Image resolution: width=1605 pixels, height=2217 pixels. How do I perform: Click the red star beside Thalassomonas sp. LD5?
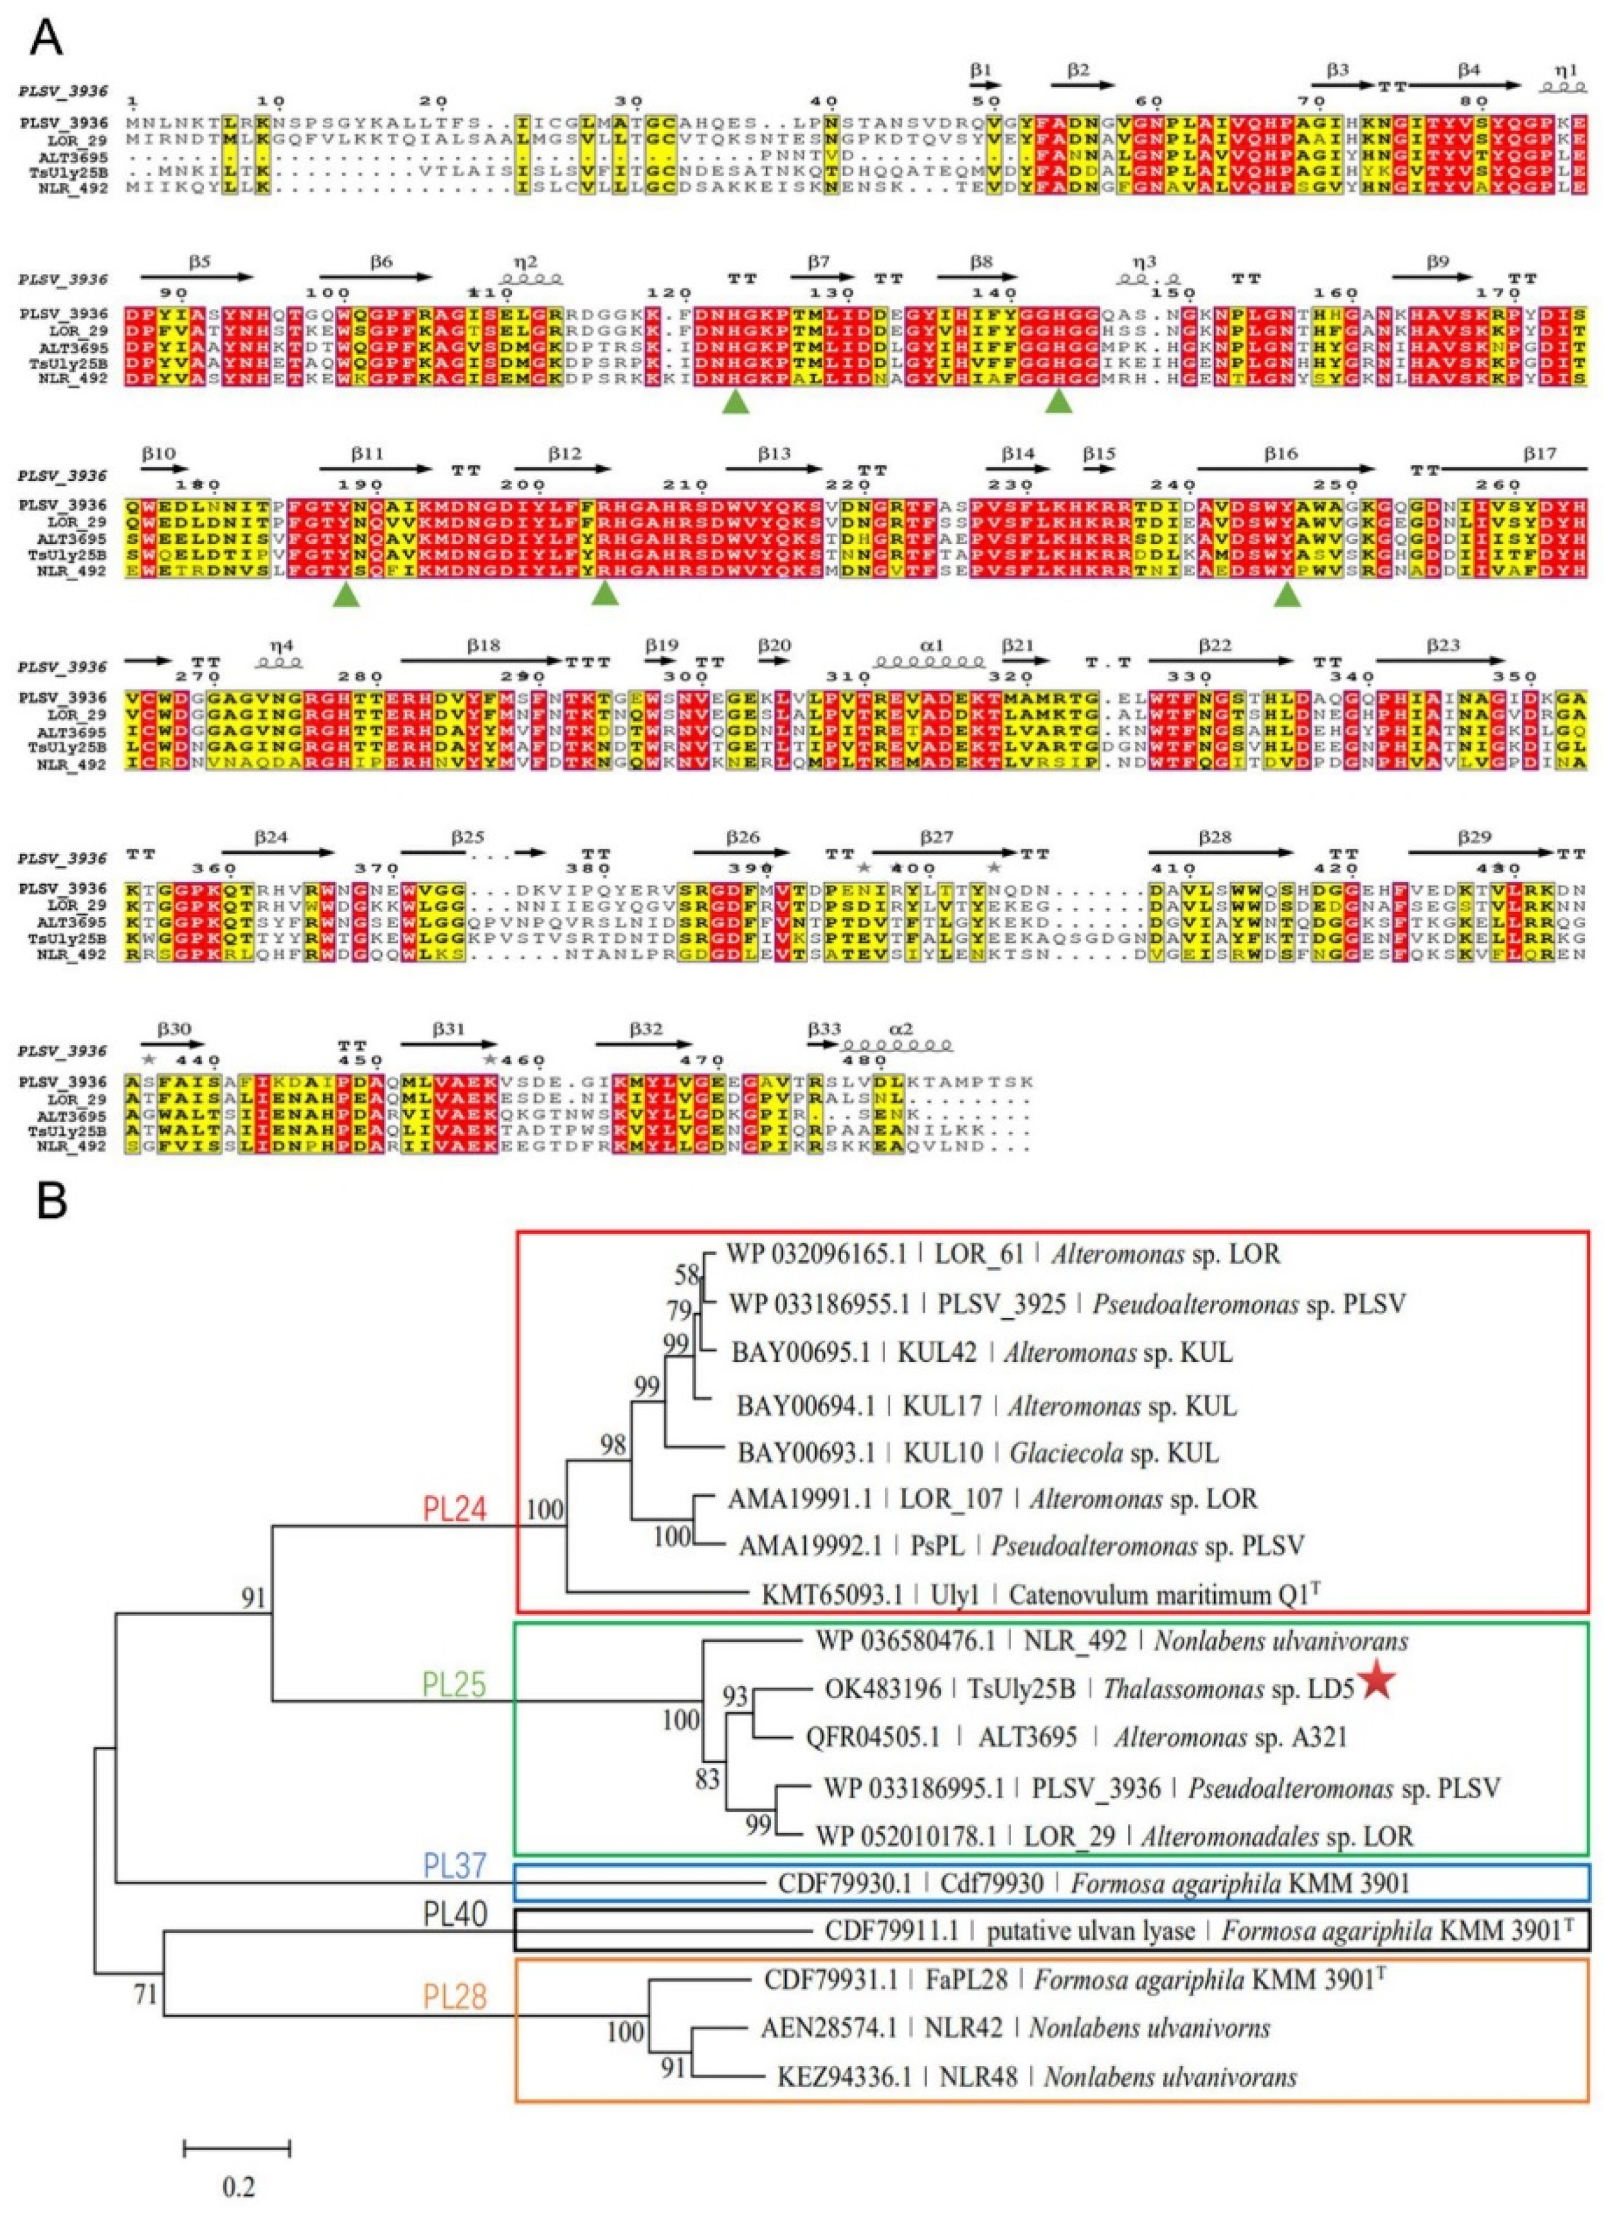click(x=1375, y=1681)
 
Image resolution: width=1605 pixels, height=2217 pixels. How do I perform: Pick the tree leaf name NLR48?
click(x=983, y=2077)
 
